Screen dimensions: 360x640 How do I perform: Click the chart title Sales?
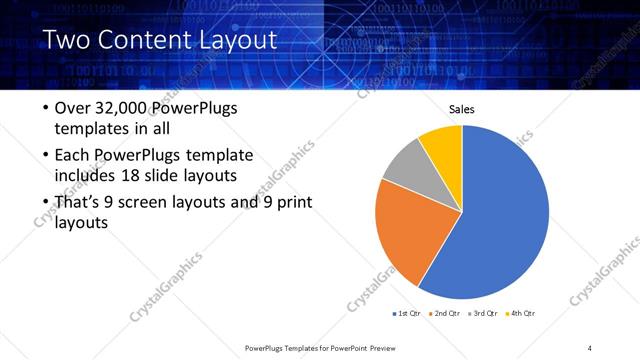pyautogui.click(x=461, y=110)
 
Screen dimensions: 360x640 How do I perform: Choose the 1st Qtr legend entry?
pyautogui.click(x=409, y=313)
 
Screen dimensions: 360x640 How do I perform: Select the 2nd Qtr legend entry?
pyautogui.click(x=444, y=313)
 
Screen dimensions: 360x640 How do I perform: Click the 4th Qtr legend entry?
pyautogui.click(x=520, y=313)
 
